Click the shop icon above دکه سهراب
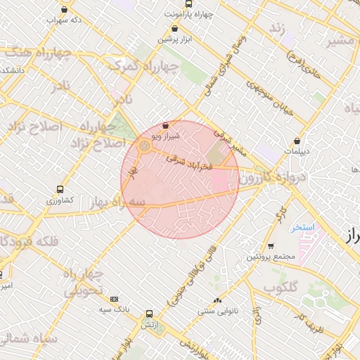[65, 10]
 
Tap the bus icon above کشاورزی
[59, 190]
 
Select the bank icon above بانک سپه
[115, 299]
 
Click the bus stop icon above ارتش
[149, 314]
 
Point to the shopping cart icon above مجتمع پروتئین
[271, 246]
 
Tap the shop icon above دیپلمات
[297, 141]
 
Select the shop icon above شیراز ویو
[166, 125]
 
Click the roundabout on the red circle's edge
[144, 147]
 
